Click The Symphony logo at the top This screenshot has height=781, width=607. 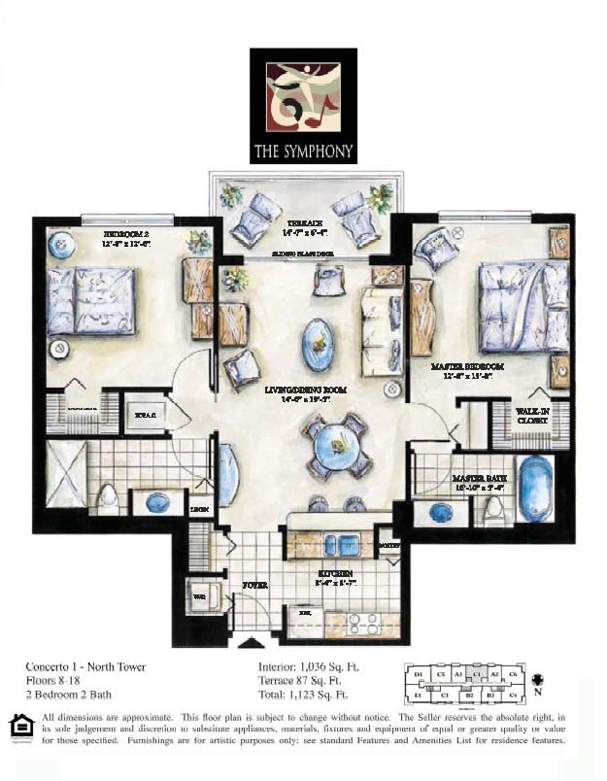pyautogui.click(x=303, y=106)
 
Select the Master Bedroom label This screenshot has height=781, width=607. pyautogui.click(x=465, y=366)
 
